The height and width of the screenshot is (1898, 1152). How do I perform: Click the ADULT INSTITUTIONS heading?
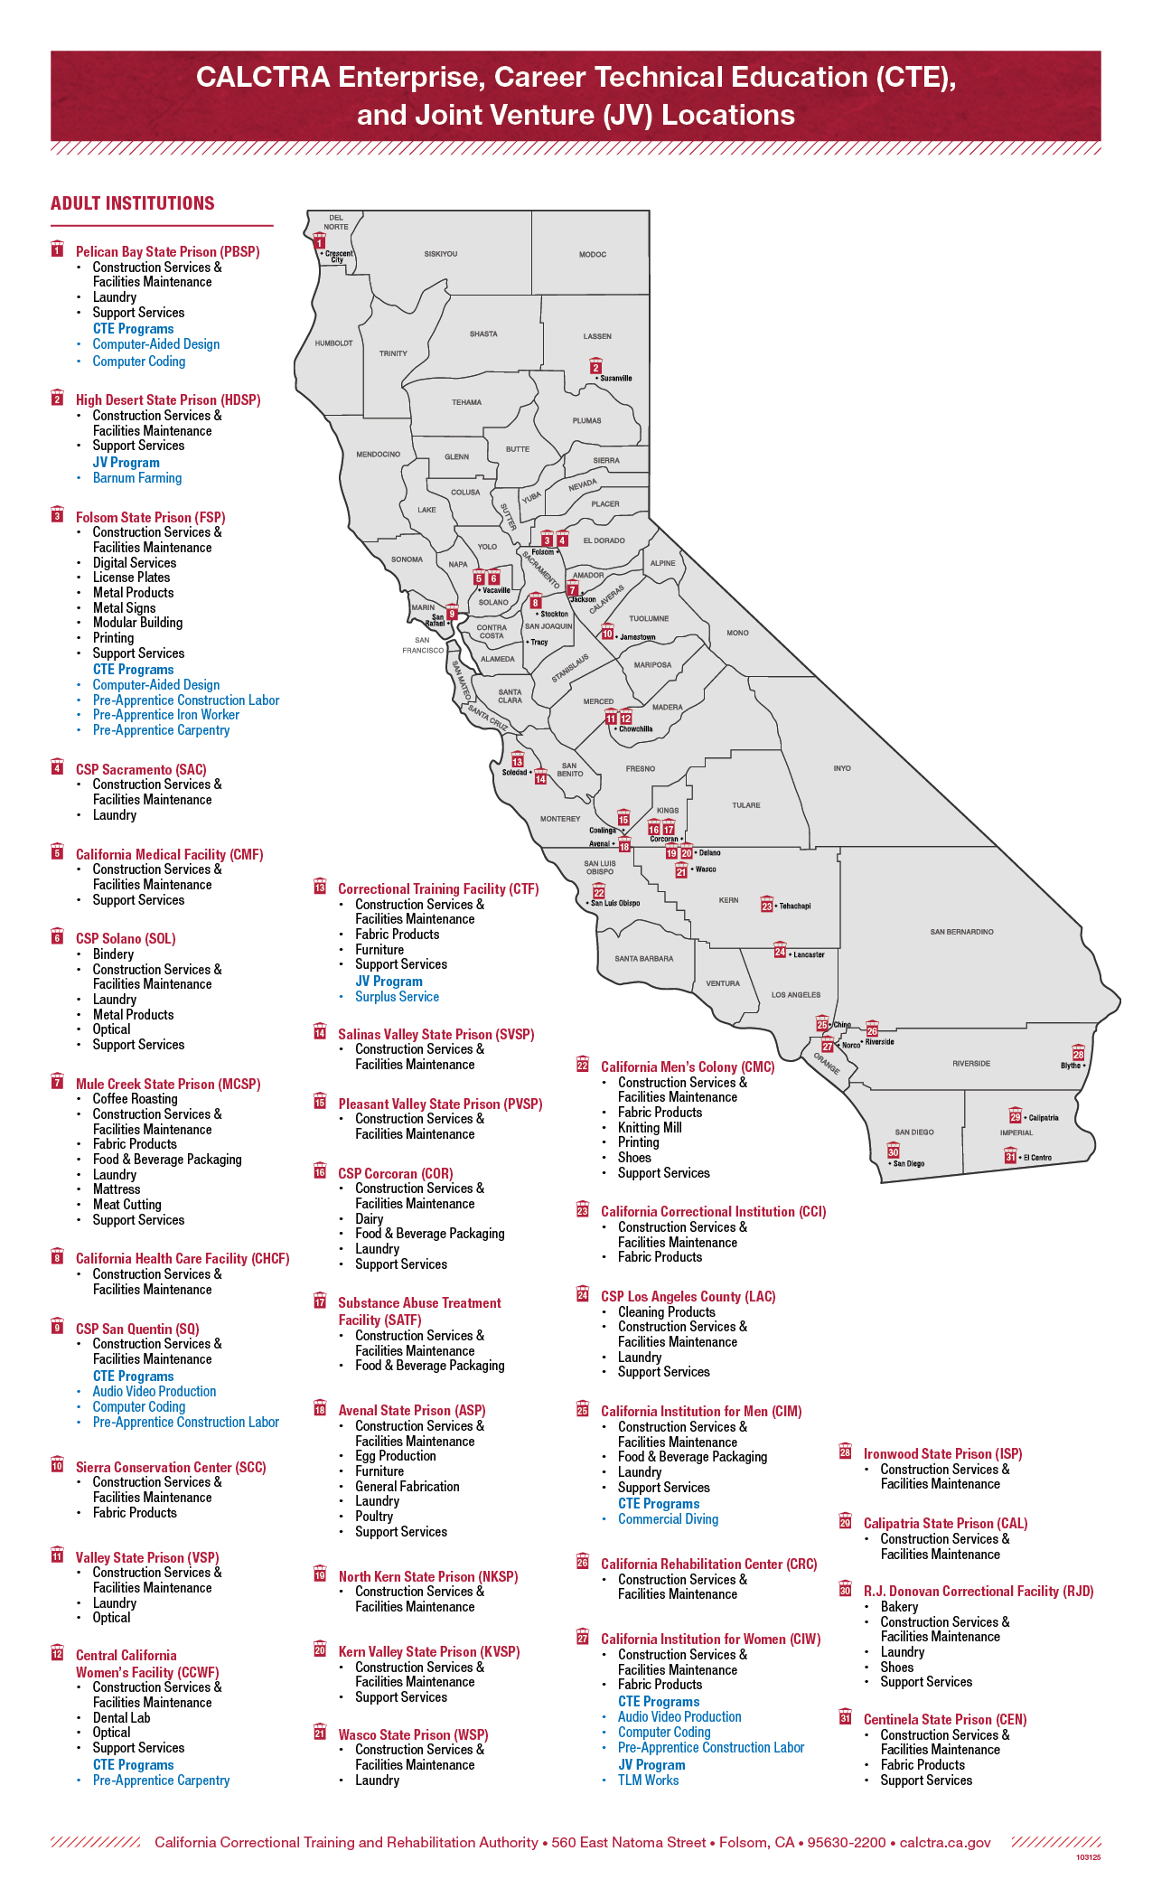(x=133, y=203)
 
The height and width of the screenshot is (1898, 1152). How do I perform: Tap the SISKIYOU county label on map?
(x=441, y=255)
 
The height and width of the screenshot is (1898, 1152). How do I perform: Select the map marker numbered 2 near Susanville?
(x=595, y=367)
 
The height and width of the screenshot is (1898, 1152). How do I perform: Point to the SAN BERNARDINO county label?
(x=961, y=932)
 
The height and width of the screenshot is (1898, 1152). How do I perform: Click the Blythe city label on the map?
(x=1071, y=1066)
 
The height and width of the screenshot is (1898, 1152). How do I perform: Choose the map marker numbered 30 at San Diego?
(x=893, y=1152)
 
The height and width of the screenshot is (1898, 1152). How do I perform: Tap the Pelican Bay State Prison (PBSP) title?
(x=167, y=252)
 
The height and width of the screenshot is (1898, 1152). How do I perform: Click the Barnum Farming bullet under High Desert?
(x=137, y=478)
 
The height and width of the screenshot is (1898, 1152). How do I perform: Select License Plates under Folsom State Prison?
(x=131, y=578)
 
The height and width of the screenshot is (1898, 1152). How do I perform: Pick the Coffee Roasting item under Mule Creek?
(x=135, y=1099)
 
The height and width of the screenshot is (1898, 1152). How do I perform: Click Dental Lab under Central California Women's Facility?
(x=121, y=1718)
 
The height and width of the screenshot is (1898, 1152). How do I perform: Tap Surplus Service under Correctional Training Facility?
(x=397, y=997)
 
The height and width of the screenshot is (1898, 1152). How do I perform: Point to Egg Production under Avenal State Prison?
(x=396, y=1456)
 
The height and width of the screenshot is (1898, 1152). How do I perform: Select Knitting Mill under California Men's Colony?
(x=650, y=1128)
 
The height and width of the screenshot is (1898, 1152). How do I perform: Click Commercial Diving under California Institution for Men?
(x=668, y=1519)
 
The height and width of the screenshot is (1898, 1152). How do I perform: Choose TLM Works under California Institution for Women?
(x=648, y=1781)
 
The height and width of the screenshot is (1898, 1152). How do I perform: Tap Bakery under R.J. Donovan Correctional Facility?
(x=899, y=1607)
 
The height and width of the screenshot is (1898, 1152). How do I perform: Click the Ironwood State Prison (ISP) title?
(x=942, y=1454)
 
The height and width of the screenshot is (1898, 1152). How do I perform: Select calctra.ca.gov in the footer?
(x=945, y=1842)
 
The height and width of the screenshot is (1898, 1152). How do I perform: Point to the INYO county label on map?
(x=842, y=768)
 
